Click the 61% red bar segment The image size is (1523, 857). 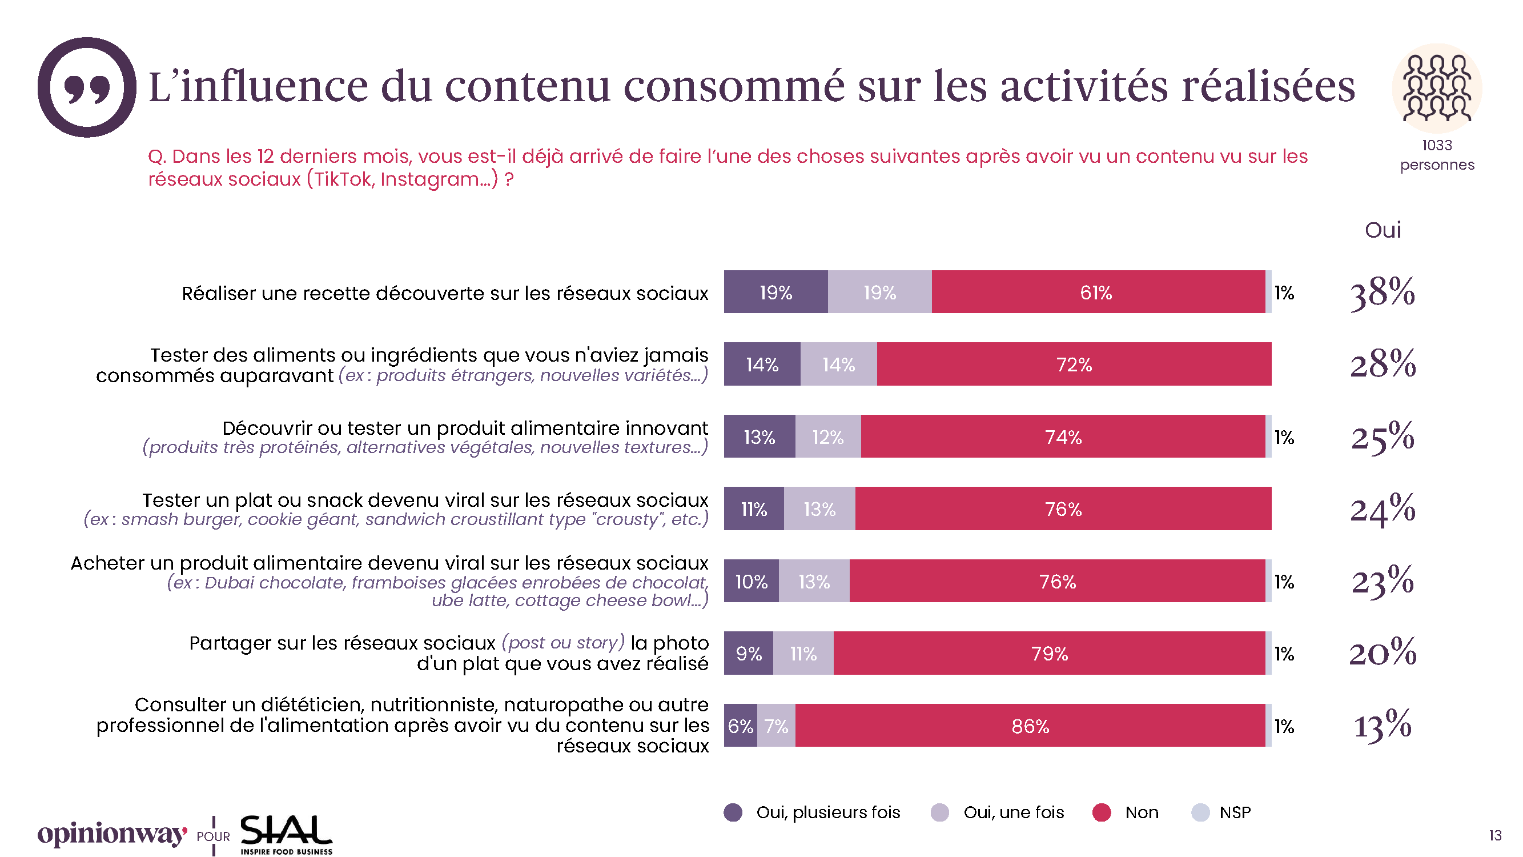tap(1098, 292)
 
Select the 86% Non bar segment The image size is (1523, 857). tap(1030, 726)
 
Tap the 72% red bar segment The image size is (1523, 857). tap(1074, 365)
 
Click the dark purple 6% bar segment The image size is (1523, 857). tap(740, 726)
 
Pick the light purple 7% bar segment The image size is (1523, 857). tap(775, 726)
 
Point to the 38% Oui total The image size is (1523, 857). tap(1383, 292)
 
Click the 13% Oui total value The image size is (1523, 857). tap(1383, 725)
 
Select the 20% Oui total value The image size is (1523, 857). tap(1383, 653)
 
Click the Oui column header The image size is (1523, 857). tap(1383, 230)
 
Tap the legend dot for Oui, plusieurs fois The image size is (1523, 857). tap(733, 812)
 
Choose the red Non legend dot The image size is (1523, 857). tap(1102, 812)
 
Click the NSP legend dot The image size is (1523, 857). tap(1200, 812)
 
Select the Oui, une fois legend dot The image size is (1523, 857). tap(939, 812)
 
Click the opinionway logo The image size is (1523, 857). tap(112, 834)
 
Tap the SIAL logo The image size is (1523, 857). tap(286, 834)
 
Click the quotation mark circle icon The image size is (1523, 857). tap(87, 87)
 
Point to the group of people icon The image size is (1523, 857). tap(1437, 88)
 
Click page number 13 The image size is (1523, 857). tap(1495, 836)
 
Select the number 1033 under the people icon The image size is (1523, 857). tap(1437, 146)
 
